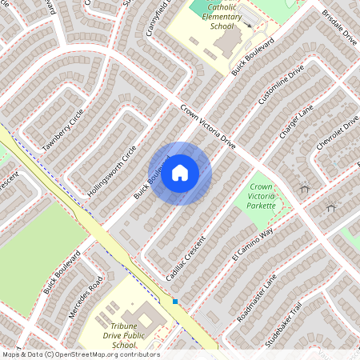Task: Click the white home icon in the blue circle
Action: point(180,173)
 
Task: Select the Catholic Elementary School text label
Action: point(215,15)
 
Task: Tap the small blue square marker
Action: point(175,301)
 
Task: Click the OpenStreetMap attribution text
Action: point(80,354)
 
